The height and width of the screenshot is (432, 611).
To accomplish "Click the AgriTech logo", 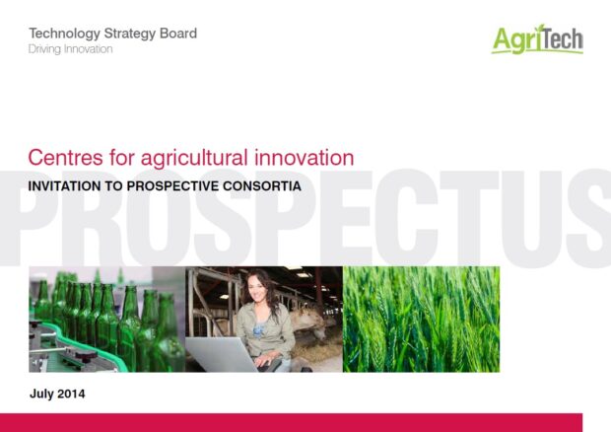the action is (537, 39).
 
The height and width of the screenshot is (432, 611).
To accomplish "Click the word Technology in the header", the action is (65, 34).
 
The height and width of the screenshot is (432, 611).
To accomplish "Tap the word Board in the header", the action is (178, 34).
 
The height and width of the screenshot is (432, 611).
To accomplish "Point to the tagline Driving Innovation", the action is (71, 49).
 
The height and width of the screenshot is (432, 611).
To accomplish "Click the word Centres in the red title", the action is (66, 158).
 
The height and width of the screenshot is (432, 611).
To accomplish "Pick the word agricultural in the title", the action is (194, 158).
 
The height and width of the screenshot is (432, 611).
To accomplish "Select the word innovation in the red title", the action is (305, 158).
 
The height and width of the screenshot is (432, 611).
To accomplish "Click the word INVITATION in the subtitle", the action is (64, 186).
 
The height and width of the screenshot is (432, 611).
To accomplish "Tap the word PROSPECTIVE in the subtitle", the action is (173, 186).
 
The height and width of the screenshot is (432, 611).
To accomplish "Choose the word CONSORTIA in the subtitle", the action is (262, 186).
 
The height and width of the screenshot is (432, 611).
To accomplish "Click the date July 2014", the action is (57, 394).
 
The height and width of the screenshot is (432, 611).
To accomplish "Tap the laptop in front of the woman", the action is (222, 354).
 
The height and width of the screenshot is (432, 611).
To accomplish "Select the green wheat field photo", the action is (421, 320).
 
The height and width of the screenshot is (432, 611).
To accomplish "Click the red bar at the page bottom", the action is (291, 423).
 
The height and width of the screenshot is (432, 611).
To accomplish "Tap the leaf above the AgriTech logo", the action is (540, 29).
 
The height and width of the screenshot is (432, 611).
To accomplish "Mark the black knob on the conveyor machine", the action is (86, 356).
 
